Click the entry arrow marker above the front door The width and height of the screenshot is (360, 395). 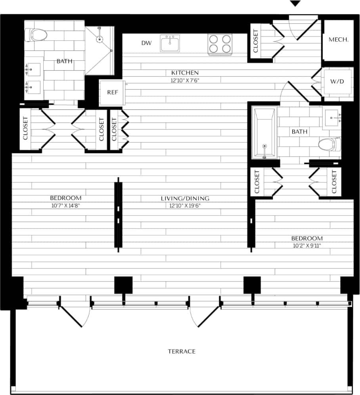295,4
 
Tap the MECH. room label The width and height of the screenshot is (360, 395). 339,40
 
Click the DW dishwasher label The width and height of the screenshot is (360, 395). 146,43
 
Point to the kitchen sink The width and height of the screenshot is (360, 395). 170,43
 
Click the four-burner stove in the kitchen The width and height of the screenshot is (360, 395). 220,44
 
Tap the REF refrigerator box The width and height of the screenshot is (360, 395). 111,92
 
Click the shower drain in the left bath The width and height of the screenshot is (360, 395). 100,39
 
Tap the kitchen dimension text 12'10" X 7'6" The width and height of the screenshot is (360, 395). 185,80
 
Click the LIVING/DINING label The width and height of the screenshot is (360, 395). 185,198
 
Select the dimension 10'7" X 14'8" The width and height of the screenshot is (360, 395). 66,205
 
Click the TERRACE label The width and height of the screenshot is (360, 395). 182,351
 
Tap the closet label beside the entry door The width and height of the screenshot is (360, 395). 255,41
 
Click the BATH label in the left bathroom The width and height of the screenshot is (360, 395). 64,61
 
